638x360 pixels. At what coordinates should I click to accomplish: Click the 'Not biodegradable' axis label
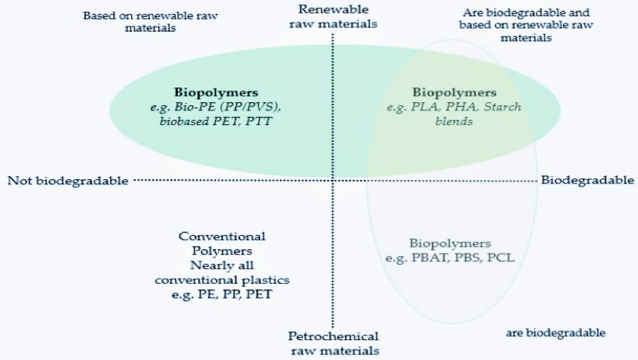tap(68, 181)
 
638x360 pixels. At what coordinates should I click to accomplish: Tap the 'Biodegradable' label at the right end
tap(587, 180)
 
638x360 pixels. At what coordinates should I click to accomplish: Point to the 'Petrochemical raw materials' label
tap(333, 343)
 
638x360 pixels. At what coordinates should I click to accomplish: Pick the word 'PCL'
tap(502, 258)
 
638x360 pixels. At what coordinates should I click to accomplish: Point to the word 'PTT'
tap(260, 121)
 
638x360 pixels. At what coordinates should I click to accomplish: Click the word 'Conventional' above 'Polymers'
tap(222, 236)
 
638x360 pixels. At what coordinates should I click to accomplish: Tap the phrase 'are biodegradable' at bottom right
tap(555, 332)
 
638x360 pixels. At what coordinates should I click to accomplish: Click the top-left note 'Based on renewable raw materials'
tap(129, 21)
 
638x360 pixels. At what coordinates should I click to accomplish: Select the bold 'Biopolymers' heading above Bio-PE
tap(216, 92)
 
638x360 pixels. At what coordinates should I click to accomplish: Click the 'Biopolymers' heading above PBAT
tap(450, 244)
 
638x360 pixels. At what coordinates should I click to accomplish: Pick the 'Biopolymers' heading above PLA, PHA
tap(454, 92)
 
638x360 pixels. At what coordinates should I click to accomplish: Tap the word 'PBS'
tap(470, 258)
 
